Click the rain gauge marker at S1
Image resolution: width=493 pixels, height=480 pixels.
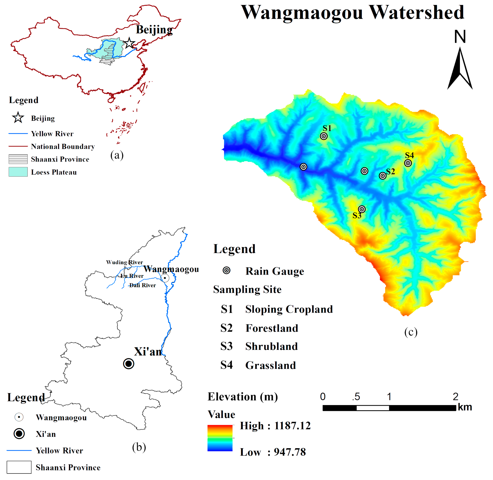(x=324, y=136)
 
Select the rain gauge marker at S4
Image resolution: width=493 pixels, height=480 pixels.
(x=408, y=163)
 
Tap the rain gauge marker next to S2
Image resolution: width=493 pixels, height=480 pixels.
(x=383, y=176)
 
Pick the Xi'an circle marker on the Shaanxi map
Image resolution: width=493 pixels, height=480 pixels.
(x=129, y=364)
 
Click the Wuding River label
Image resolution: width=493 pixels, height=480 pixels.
(x=124, y=262)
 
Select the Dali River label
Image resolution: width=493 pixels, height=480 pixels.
(x=143, y=285)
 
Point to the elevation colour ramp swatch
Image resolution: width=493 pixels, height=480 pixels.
(x=220, y=438)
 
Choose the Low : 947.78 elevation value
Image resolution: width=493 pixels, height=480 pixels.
(x=273, y=452)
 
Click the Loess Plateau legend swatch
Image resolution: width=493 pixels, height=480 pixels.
(x=18, y=172)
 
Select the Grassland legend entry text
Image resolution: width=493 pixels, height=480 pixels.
(x=271, y=365)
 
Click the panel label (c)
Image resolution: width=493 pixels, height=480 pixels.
(x=411, y=332)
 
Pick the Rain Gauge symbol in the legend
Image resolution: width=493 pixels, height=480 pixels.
(x=226, y=270)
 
